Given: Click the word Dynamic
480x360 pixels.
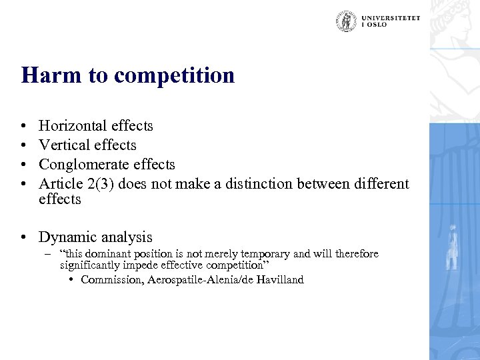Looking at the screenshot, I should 65,237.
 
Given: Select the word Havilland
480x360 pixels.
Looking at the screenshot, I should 279,280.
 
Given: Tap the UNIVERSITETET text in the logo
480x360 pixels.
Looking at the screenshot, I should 391,18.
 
